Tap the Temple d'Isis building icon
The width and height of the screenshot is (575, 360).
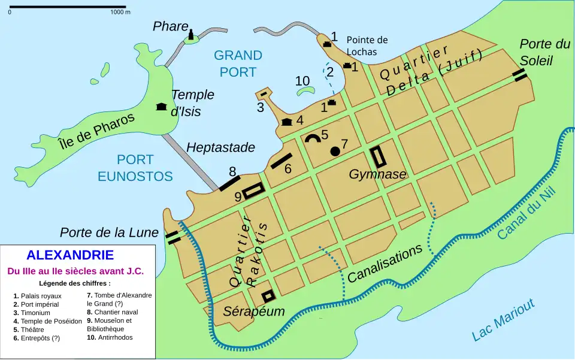(161, 107)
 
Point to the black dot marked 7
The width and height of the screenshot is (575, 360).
(335, 151)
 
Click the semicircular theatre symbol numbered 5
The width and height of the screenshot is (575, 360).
(312, 138)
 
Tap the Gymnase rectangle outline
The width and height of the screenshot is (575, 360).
(378, 156)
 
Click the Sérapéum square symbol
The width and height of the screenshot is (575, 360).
(268, 295)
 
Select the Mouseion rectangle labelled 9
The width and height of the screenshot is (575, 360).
(253, 190)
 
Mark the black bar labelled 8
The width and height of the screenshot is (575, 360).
(229, 183)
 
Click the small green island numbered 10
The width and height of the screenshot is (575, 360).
(306, 92)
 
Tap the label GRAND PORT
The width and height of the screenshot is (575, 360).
(238, 63)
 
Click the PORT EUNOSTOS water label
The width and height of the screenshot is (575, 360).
(135, 168)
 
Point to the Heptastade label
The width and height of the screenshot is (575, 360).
(220, 147)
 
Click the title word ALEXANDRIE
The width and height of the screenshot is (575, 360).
(70, 255)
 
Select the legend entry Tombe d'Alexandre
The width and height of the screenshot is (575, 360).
(119, 299)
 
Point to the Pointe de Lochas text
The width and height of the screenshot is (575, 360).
(367, 46)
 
